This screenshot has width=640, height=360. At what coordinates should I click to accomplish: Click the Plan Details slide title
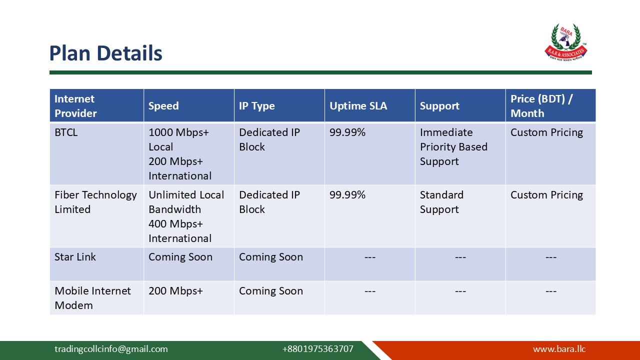pos(105,53)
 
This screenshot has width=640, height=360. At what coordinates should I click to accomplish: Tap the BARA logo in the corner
pos(565,42)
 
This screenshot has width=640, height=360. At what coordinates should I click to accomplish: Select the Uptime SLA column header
pos(358,106)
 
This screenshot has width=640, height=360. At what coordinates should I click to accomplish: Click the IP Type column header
pos(256,106)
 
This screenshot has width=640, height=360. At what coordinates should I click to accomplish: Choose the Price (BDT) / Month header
pos(541,106)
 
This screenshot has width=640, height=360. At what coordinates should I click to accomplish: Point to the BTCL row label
pos(66,132)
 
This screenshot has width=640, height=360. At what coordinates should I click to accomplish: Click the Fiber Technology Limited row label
pos(95,202)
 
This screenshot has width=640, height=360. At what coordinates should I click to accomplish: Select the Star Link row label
pos(75,257)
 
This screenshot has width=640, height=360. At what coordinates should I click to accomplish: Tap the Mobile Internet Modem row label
pos(92,298)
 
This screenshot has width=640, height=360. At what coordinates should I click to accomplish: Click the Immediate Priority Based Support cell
pos(453,147)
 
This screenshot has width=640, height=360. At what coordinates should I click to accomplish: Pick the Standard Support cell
pos(441,202)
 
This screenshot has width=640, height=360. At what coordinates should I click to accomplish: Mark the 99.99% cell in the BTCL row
pos(347,132)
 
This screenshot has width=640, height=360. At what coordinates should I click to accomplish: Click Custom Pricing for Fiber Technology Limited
pos(546,195)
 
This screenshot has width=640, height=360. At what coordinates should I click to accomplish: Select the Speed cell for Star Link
pos(180,257)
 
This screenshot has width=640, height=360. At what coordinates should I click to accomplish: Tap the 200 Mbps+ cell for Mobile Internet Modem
pos(175,291)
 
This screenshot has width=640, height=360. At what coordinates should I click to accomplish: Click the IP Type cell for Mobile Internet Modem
pos(270,291)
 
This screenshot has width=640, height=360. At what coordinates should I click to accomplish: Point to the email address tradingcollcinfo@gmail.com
pos(111,349)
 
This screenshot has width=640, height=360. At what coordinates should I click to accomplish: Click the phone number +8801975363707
pos(317,349)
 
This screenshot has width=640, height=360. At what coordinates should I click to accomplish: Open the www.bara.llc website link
pos(558,349)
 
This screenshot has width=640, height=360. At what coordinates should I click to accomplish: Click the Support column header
pos(439,106)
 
